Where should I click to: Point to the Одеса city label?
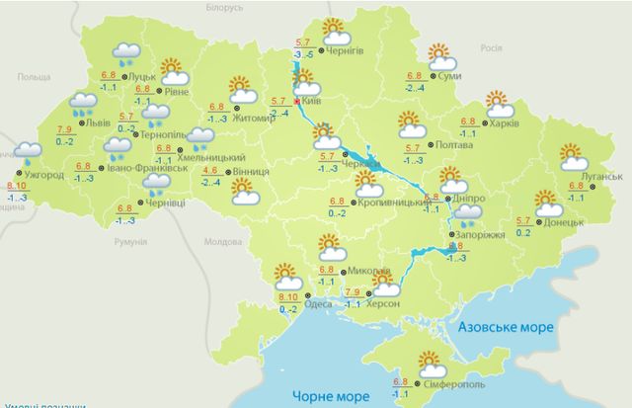[x=319, y=304]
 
